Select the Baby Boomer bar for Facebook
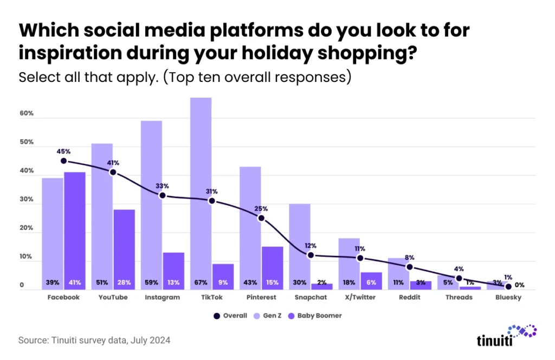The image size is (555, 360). pyautogui.click(x=74, y=228)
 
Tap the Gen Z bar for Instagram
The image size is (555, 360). pyautogui.click(x=151, y=201)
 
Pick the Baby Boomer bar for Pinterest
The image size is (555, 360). pyautogui.click(x=272, y=266)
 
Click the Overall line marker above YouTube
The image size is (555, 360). pyautogui.click(x=113, y=172)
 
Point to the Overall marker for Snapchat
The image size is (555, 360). pyautogui.click(x=311, y=255)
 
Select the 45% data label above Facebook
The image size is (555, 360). pyautogui.click(x=63, y=151)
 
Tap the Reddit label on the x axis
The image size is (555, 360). pyautogui.click(x=409, y=298)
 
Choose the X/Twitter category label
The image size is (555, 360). pyautogui.click(x=360, y=298)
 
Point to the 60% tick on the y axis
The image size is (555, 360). pyautogui.click(x=27, y=114)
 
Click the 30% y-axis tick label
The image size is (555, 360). pyautogui.click(x=27, y=200)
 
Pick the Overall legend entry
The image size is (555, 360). pyautogui.click(x=232, y=316)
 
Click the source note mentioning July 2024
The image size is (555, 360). pyautogui.click(x=94, y=340)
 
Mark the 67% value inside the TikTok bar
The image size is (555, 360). pyautogui.click(x=201, y=282)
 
